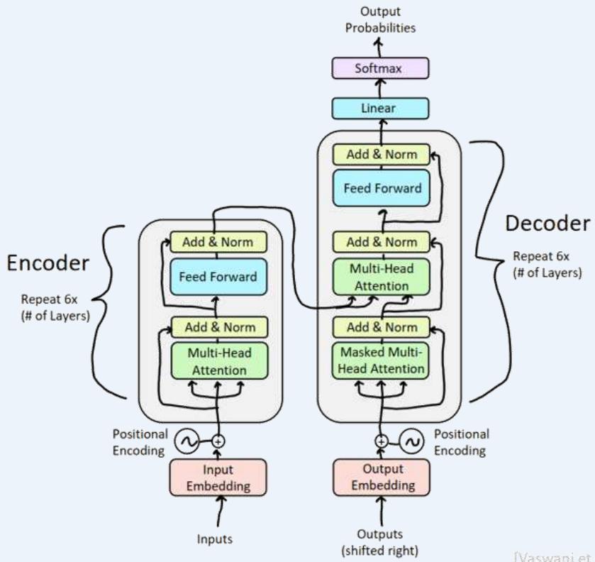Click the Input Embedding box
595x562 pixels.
coord(218,478)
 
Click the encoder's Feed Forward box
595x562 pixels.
coord(218,276)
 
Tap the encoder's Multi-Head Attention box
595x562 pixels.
coord(218,360)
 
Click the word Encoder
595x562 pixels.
coord(48,263)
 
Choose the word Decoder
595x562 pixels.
coord(546,224)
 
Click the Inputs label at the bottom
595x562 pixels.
coord(215,539)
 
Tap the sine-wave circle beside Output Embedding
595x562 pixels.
coord(411,441)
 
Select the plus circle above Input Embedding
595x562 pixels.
coord(218,441)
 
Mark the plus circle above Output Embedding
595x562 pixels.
coord(382,441)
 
